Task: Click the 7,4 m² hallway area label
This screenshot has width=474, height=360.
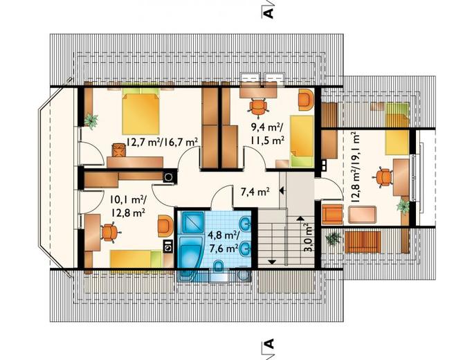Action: tap(255, 191)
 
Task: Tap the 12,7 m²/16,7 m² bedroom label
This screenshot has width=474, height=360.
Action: tap(162, 142)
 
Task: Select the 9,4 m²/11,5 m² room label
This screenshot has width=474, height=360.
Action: tap(267, 134)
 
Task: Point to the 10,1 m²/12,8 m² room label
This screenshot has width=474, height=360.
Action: tap(127, 206)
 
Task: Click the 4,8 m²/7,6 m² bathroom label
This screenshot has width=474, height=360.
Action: tap(223, 242)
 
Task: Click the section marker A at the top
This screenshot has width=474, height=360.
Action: tap(268, 12)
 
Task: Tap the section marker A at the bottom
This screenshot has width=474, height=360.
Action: tap(268, 344)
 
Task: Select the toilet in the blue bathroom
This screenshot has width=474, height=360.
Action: tap(218, 267)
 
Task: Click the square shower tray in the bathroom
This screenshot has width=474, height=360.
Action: tap(192, 222)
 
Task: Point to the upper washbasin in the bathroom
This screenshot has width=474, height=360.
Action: tap(245, 224)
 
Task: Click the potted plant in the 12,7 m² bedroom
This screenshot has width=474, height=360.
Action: tap(91, 120)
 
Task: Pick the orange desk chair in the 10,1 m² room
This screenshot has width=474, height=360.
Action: tap(110, 233)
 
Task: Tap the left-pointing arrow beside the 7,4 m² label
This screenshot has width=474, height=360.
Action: tap(283, 190)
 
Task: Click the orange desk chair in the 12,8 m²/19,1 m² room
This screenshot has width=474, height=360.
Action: tap(383, 177)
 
